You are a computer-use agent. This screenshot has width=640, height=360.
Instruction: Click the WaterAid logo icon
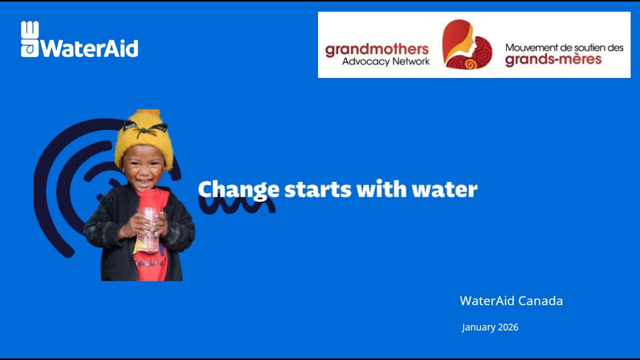(29, 39)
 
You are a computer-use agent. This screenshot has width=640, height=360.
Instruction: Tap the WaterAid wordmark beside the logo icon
(89, 48)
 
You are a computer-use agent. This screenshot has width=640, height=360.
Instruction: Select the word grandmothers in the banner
(376, 49)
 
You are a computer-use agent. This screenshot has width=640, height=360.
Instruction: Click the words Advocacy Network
(385, 61)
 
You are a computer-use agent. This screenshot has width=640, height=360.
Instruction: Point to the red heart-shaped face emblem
(466, 44)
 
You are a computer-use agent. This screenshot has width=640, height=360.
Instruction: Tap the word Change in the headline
(238, 189)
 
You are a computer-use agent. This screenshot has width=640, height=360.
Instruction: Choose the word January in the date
(478, 327)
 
